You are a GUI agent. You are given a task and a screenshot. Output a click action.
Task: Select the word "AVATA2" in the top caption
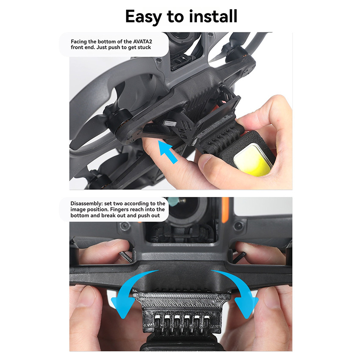pyautogui.click(x=143, y=42)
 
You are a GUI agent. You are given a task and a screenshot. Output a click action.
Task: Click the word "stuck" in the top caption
pyautogui.click(x=144, y=47)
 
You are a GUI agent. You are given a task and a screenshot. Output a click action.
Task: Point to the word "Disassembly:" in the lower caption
pyautogui.click(x=86, y=204)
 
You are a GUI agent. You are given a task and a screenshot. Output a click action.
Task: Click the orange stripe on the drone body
pyautogui.click(x=225, y=210)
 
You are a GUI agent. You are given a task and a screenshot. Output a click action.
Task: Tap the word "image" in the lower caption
pyautogui.click(x=78, y=210)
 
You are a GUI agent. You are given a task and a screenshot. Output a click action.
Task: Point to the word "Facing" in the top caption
pyautogui.click(x=78, y=42)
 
